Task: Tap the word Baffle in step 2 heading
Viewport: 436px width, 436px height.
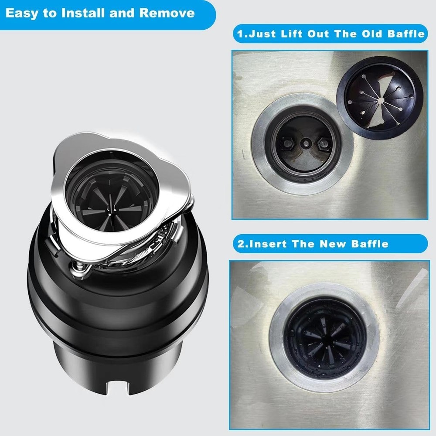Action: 371,243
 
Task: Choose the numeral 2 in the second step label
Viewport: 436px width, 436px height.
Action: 241,243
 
